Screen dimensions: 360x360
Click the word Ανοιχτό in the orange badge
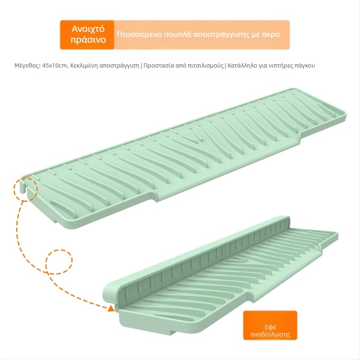click(x=88, y=29)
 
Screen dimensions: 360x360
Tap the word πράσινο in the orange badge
click(x=88, y=40)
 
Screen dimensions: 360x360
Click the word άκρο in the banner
click(x=270, y=35)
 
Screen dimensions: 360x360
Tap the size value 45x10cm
click(x=55, y=66)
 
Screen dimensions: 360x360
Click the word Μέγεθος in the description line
click(x=27, y=66)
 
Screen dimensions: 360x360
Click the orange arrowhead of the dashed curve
click(x=111, y=308)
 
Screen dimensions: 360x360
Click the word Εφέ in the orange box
click(x=270, y=327)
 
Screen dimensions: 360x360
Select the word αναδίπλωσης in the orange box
click(x=270, y=334)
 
